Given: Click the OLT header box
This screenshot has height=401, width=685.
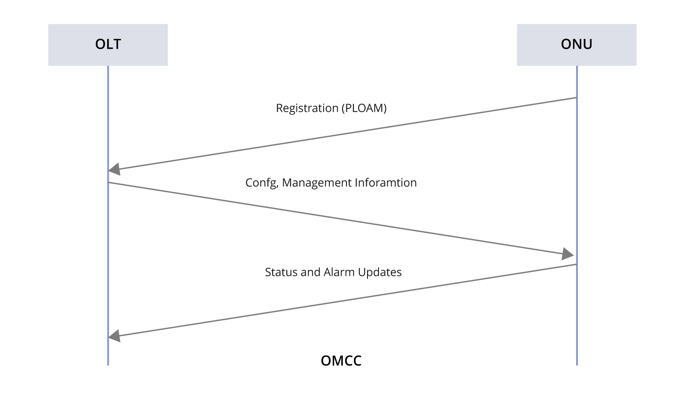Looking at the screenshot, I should click(x=108, y=45).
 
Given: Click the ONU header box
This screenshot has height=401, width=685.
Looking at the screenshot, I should click(x=577, y=45).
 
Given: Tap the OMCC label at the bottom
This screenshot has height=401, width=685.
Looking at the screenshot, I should click(x=341, y=361).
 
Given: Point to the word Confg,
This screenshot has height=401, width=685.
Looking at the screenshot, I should click(x=262, y=183).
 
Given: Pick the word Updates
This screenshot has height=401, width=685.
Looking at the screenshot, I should click(x=380, y=272).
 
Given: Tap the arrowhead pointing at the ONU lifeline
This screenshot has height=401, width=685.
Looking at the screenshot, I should click(x=568, y=254).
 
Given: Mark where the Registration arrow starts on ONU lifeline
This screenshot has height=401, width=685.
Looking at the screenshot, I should click(x=576, y=98).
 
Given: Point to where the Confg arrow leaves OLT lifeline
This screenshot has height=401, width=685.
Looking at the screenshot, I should click(x=108, y=182).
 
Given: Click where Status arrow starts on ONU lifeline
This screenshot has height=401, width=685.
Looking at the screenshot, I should click(x=576, y=265).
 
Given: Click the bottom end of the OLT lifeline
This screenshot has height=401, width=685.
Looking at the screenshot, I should click(x=108, y=364).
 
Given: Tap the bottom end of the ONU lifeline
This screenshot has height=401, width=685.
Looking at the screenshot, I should click(x=577, y=364).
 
